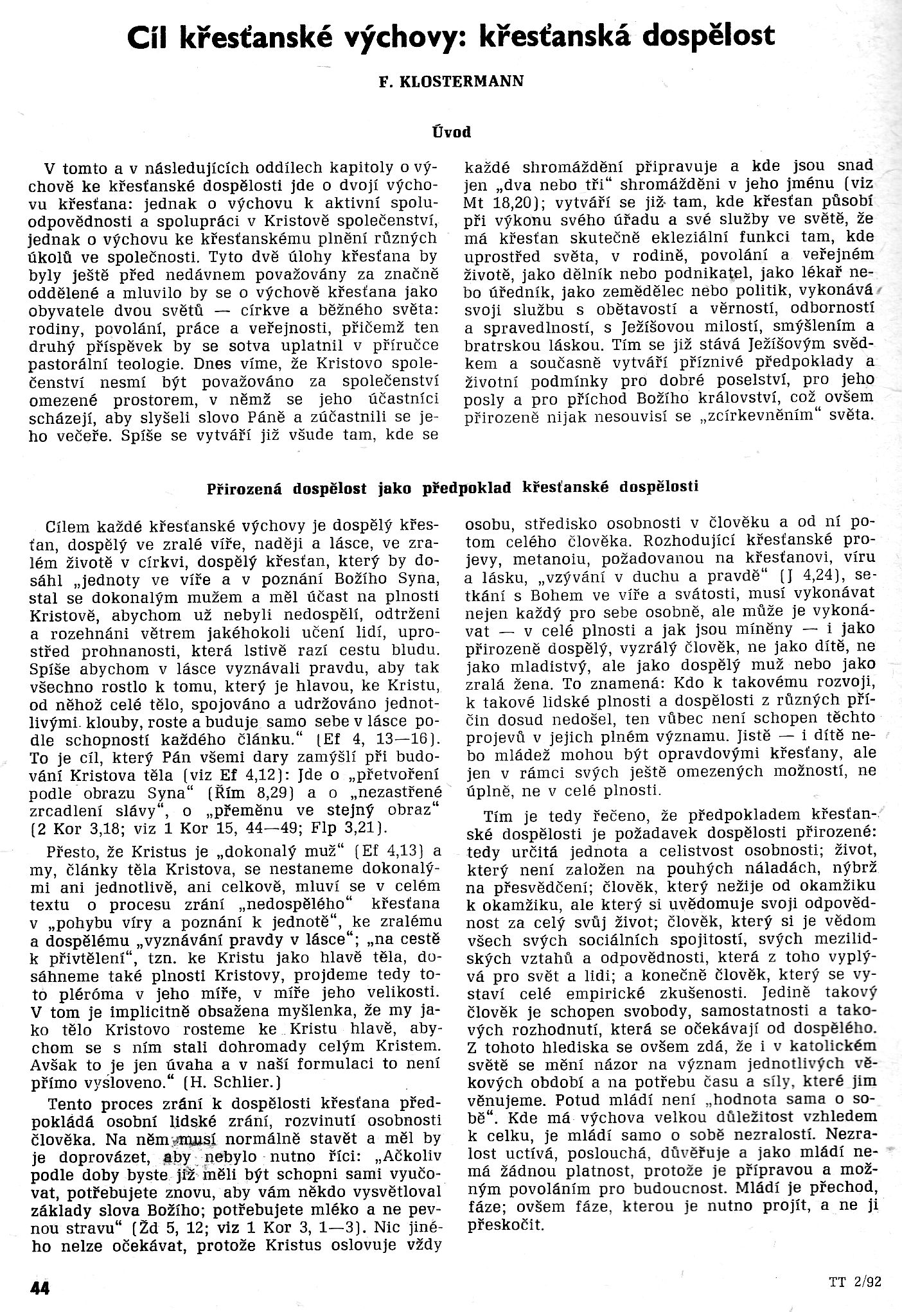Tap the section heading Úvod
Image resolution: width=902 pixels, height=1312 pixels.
point(451,132)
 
